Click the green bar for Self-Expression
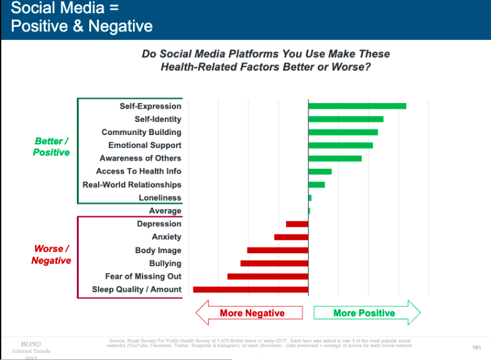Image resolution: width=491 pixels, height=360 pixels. coord(357,106)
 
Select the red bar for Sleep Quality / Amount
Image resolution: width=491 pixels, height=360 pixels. coord(250,289)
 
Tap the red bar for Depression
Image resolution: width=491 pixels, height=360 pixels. coord(297,224)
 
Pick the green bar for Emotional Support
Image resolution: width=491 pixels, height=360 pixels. coord(340,146)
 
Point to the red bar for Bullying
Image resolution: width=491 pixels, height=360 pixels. coord(274,263)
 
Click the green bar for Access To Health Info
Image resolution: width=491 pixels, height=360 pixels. coord(320,171)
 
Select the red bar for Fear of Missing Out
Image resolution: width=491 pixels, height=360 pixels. coord(268,276)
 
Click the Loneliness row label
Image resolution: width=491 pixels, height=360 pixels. coord(160,198)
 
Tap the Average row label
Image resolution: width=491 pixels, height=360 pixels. coord(165,211)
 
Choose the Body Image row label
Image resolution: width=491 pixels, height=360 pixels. coord(158,251)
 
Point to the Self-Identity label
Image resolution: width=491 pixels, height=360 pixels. coord(158,119)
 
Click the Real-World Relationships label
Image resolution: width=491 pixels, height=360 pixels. coord(132,185)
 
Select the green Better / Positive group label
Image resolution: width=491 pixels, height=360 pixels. coord(51,147)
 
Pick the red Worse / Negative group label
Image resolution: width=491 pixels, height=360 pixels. coord(51,255)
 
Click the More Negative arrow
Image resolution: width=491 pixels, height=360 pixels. coord(249,313)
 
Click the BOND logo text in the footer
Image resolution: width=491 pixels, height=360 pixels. coord(31,344)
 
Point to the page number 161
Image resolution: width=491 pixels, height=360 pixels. coord(477,346)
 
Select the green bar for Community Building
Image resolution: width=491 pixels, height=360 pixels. coord(343,132)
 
